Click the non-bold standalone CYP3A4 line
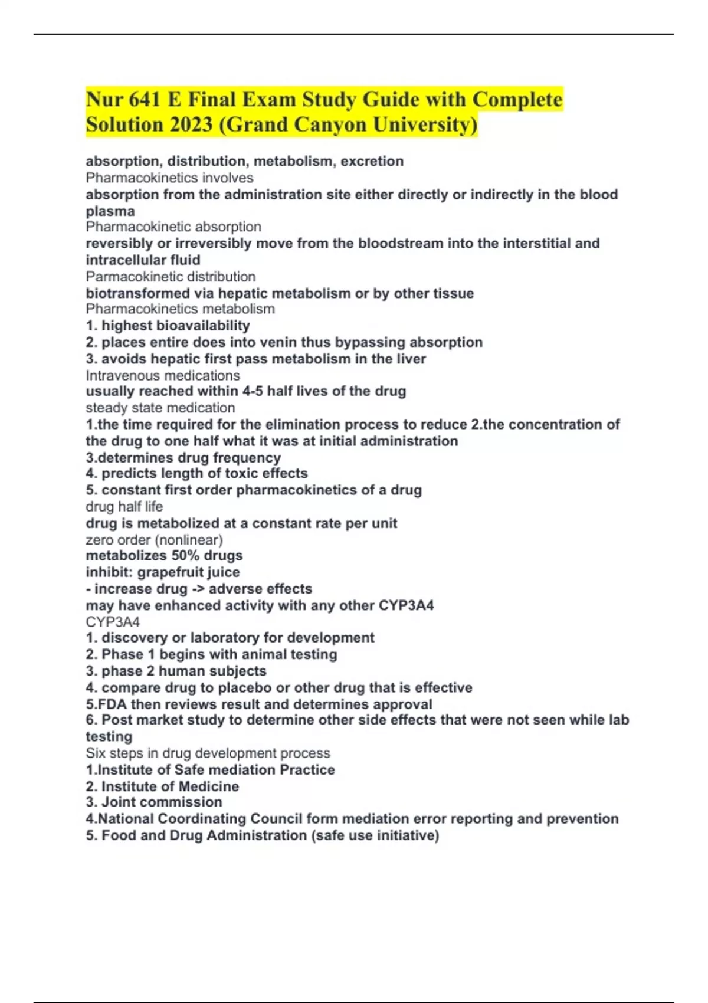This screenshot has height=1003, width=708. (113, 622)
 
